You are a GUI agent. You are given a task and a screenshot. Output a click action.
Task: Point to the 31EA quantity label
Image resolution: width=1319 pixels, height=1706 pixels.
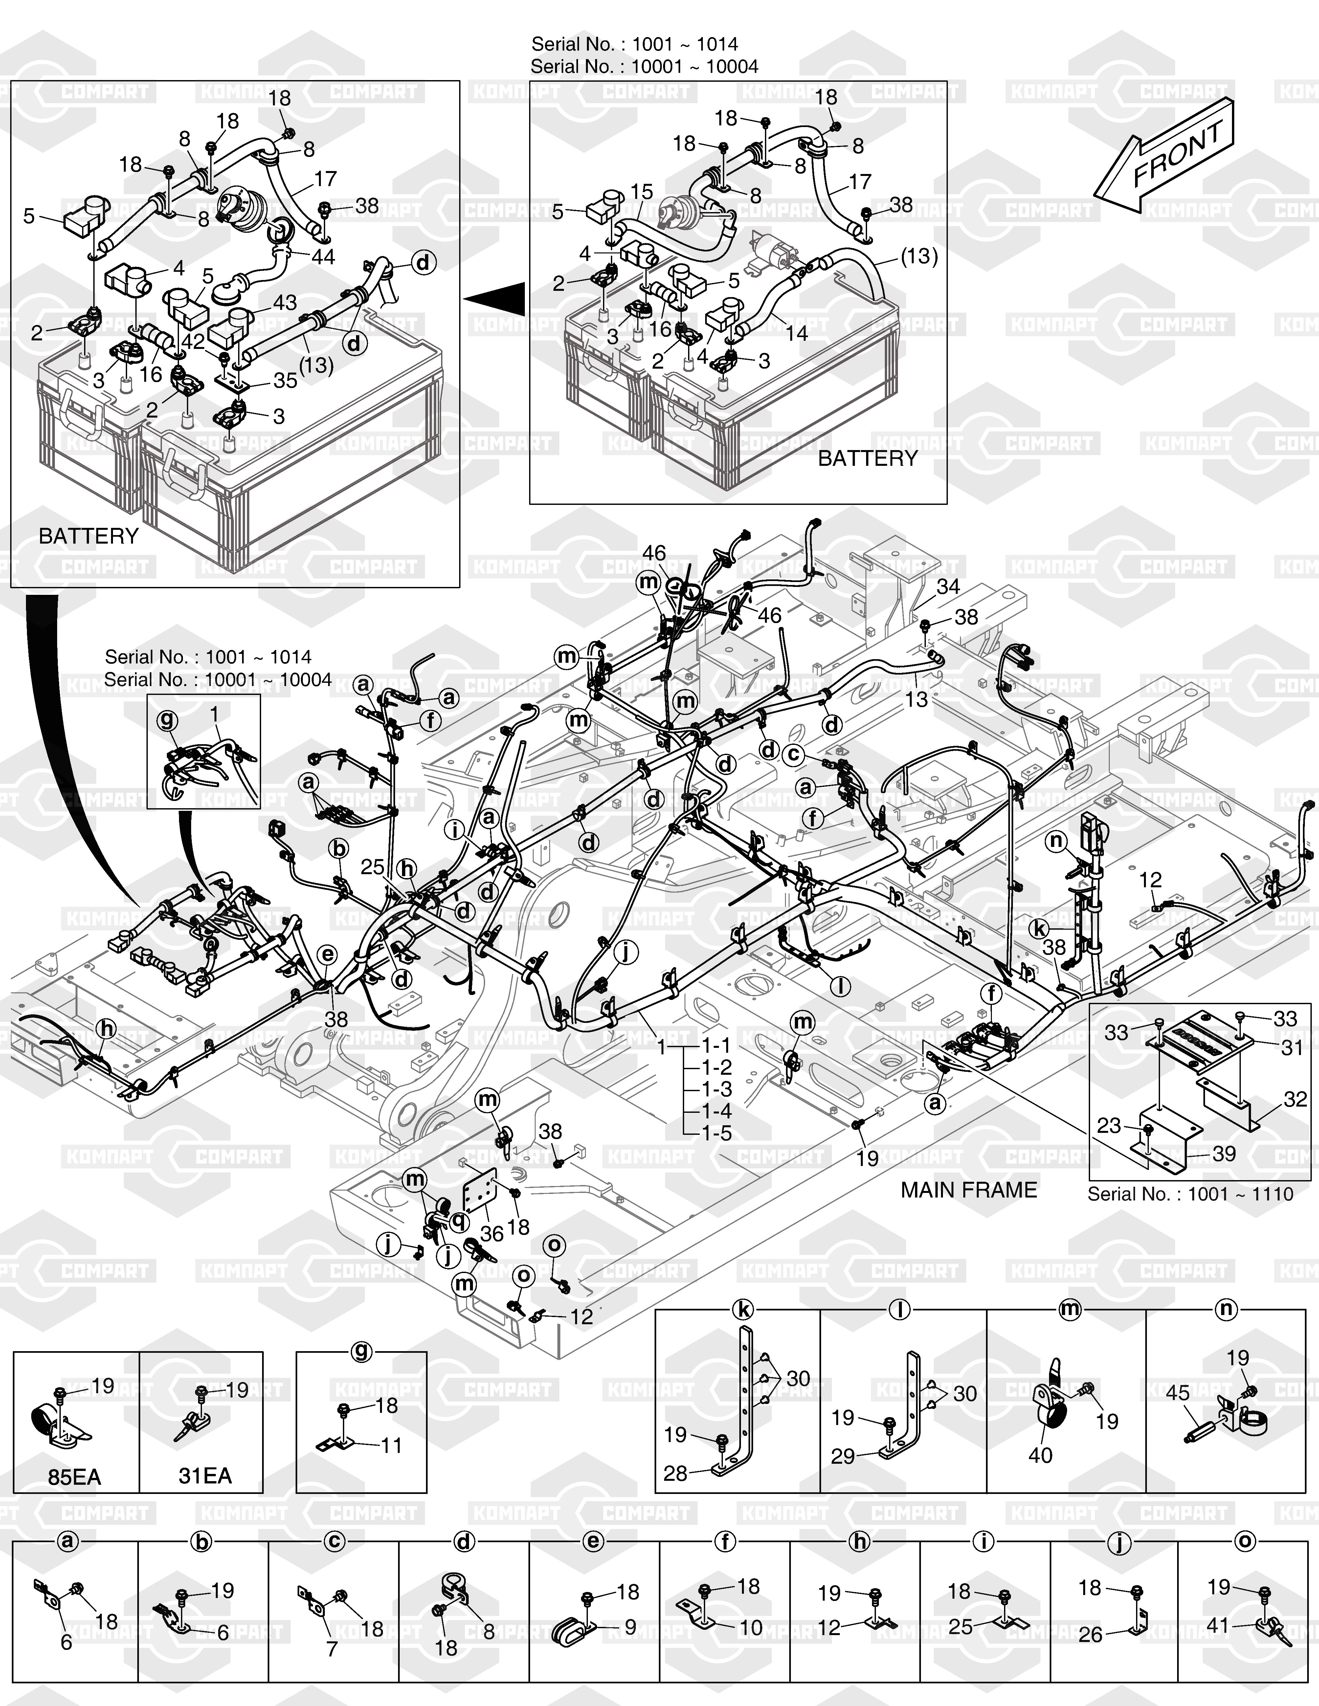point(205,1476)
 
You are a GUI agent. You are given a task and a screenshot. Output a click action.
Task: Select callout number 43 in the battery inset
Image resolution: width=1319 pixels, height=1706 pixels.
point(285,302)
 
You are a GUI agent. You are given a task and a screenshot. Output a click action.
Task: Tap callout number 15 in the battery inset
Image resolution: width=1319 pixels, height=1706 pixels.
point(641,191)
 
